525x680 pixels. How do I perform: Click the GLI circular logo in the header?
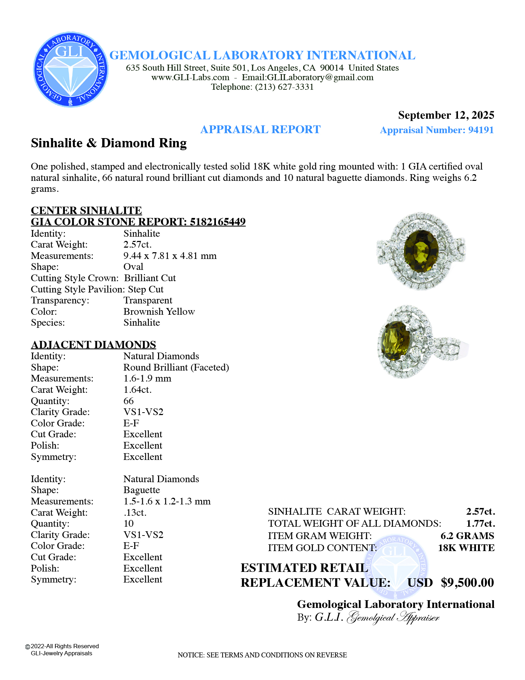(x=71, y=70)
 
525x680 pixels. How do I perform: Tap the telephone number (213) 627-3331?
(x=284, y=87)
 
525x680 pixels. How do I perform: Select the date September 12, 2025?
(x=446, y=115)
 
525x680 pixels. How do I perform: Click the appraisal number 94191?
(x=481, y=130)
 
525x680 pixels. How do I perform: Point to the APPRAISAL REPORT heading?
(x=260, y=130)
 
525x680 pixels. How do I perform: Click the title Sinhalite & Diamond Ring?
(x=109, y=143)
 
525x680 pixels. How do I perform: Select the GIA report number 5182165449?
(x=217, y=222)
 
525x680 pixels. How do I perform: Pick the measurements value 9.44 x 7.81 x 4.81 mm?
(x=170, y=256)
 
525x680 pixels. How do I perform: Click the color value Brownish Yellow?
(x=159, y=312)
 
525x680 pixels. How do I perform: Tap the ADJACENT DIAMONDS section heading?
(x=93, y=345)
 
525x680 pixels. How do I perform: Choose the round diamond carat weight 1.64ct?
(x=137, y=390)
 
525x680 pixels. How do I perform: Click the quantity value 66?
(x=128, y=401)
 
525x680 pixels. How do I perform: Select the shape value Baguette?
(x=141, y=490)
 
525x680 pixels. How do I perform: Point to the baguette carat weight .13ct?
(x=135, y=513)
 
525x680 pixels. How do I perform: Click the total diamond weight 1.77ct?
(x=480, y=524)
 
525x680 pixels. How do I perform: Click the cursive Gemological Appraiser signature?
(x=393, y=617)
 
